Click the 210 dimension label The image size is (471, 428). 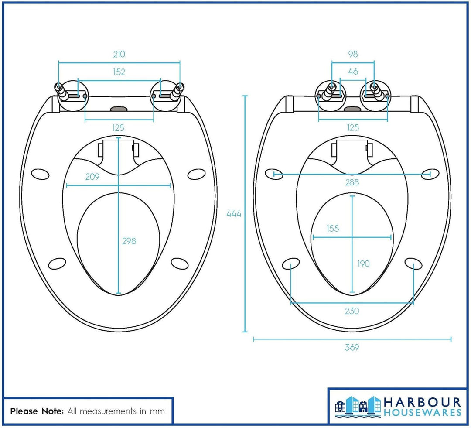pyautogui.click(x=119, y=54)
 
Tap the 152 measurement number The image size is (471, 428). pyautogui.click(x=119, y=72)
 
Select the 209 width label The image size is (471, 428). pyautogui.click(x=92, y=177)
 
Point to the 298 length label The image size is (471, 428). pyautogui.click(x=129, y=241)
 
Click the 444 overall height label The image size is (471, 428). pyautogui.click(x=234, y=214)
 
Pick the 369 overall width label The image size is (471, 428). pyautogui.click(x=352, y=347)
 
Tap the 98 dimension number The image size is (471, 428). pyautogui.click(x=353, y=54)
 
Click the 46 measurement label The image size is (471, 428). pyautogui.click(x=353, y=71)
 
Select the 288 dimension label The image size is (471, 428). pyautogui.click(x=352, y=182)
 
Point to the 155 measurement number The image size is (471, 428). pyautogui.click(x=333, y=229)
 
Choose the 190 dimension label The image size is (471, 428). pyautogui.click(x=363, y=264)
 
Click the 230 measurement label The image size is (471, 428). pyautogui.click(x=352, y=311)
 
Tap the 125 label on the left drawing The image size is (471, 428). pyautogui.click(x=118, y=128)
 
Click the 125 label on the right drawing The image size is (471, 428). pyautogui.click(x=353, y=127)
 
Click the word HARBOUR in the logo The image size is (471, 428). pyautogui.click(x=423, y=402)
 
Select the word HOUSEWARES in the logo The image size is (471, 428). pyautogui.click(x=423, y=412)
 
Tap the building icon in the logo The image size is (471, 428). pyautogui.click(x=358, y=406)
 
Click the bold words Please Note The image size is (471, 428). pyautogui.click(x=37, y=411)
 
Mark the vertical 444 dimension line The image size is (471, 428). pyautogui.click(x=245, y=214)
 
